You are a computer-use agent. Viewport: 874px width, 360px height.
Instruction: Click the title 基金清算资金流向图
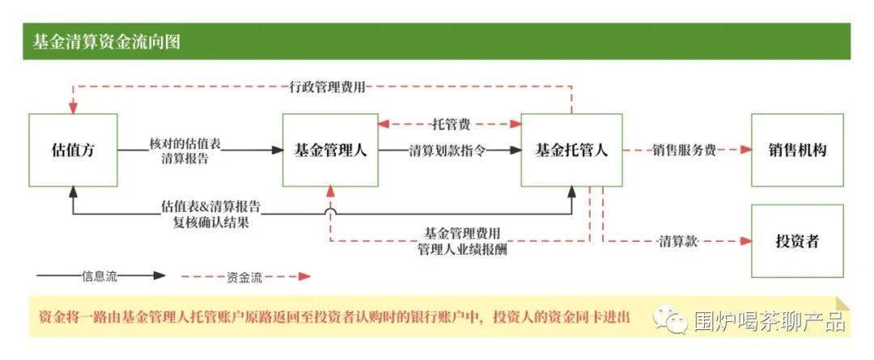[x=106, y=42]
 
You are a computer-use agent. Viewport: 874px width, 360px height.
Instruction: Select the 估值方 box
[x=73, y=150]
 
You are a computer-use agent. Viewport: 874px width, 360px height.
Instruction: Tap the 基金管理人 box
[x=330, y=150]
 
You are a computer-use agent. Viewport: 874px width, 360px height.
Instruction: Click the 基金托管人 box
[x=571, y=150]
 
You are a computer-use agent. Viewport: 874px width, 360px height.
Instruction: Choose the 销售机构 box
[x=797, y=150]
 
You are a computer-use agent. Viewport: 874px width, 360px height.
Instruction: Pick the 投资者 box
[x=797, y=241]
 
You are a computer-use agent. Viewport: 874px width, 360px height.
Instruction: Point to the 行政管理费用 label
[x=328, y=85]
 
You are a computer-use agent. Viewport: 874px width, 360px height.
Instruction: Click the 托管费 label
[x=450, y=125]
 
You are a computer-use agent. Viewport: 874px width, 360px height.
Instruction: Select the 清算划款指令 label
[x=447, y=150]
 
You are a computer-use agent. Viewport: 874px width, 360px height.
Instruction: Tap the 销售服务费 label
[x=684, y=150]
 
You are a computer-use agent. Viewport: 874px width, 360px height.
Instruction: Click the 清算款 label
[x=678, y=241]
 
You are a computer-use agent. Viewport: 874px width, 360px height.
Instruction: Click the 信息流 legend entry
[x=100, y=276]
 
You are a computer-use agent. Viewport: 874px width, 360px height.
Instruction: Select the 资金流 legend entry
[x=244, y=277]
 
